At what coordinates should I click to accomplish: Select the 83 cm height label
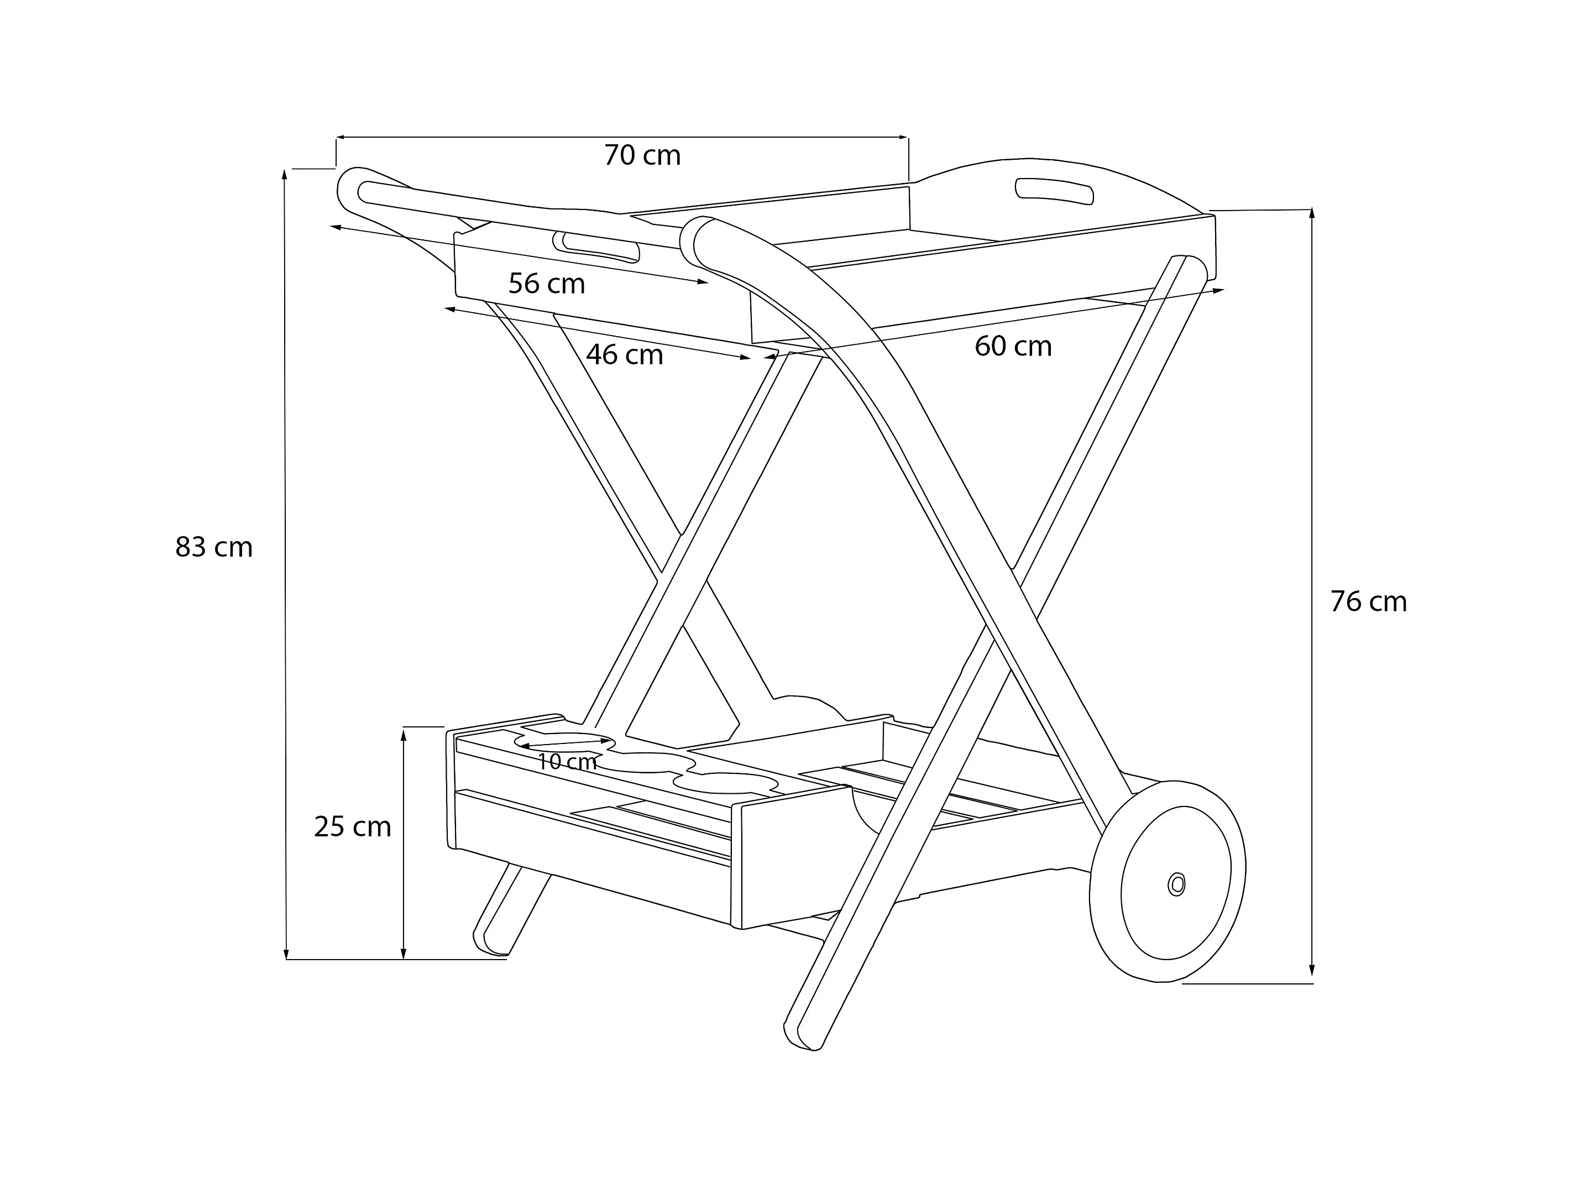[x=214, y=547]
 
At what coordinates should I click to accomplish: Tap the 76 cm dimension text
[x=1368, y=601]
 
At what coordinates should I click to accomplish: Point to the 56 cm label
[x=546, y=284]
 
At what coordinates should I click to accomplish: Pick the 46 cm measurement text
[x=624, y=354]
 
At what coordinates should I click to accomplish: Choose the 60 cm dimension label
[x=1012, y=347]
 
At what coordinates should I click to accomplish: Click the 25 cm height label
[x=352, y=827]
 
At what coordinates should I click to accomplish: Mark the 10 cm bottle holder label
[x=567, y=762]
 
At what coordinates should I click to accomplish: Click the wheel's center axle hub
[x=1176, y=884]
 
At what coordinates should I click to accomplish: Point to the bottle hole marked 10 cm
[x=567, y=740]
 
